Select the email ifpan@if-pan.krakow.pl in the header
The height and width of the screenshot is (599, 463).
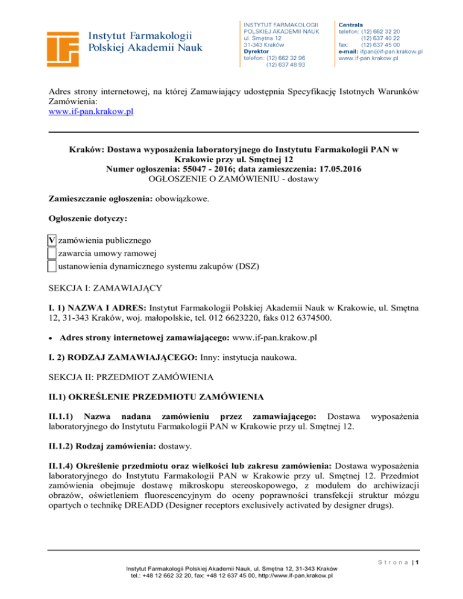(391, 52)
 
